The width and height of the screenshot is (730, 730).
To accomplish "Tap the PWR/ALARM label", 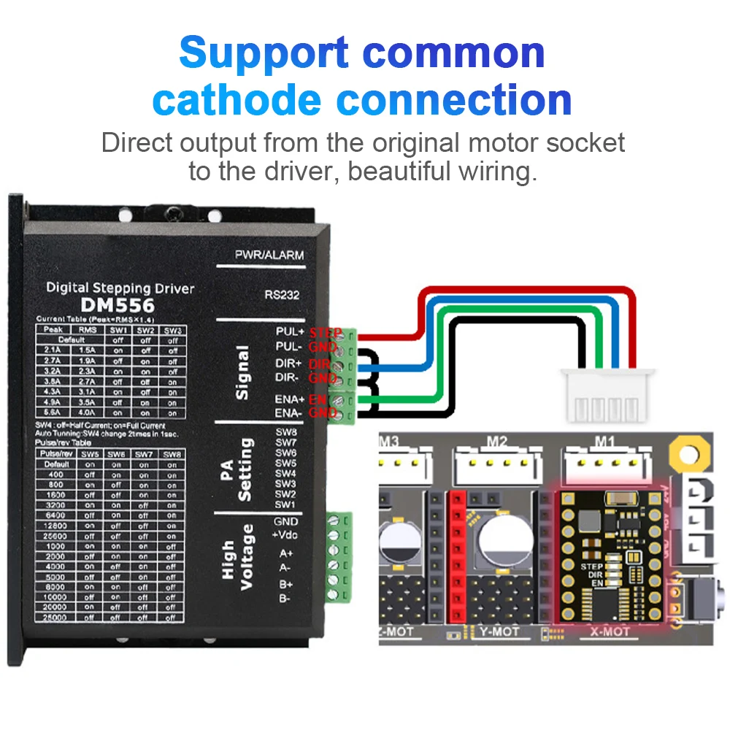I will [x=269, y=255].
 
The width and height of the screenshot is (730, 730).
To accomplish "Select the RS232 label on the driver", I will [x=283, y=296].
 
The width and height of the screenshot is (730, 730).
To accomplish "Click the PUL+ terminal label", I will [x=289, y=331].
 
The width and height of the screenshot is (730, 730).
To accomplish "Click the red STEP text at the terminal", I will [x=325, y=333].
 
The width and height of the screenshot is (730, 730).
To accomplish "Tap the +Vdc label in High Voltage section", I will [x=285, y=535].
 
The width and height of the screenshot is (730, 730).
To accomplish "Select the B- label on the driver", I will [x=285, y=598].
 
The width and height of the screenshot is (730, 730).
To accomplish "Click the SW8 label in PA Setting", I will [x=285, y=432].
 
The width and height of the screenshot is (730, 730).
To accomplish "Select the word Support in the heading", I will [x=264, y=53].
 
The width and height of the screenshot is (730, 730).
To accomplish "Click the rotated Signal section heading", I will [x=243, y=372].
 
